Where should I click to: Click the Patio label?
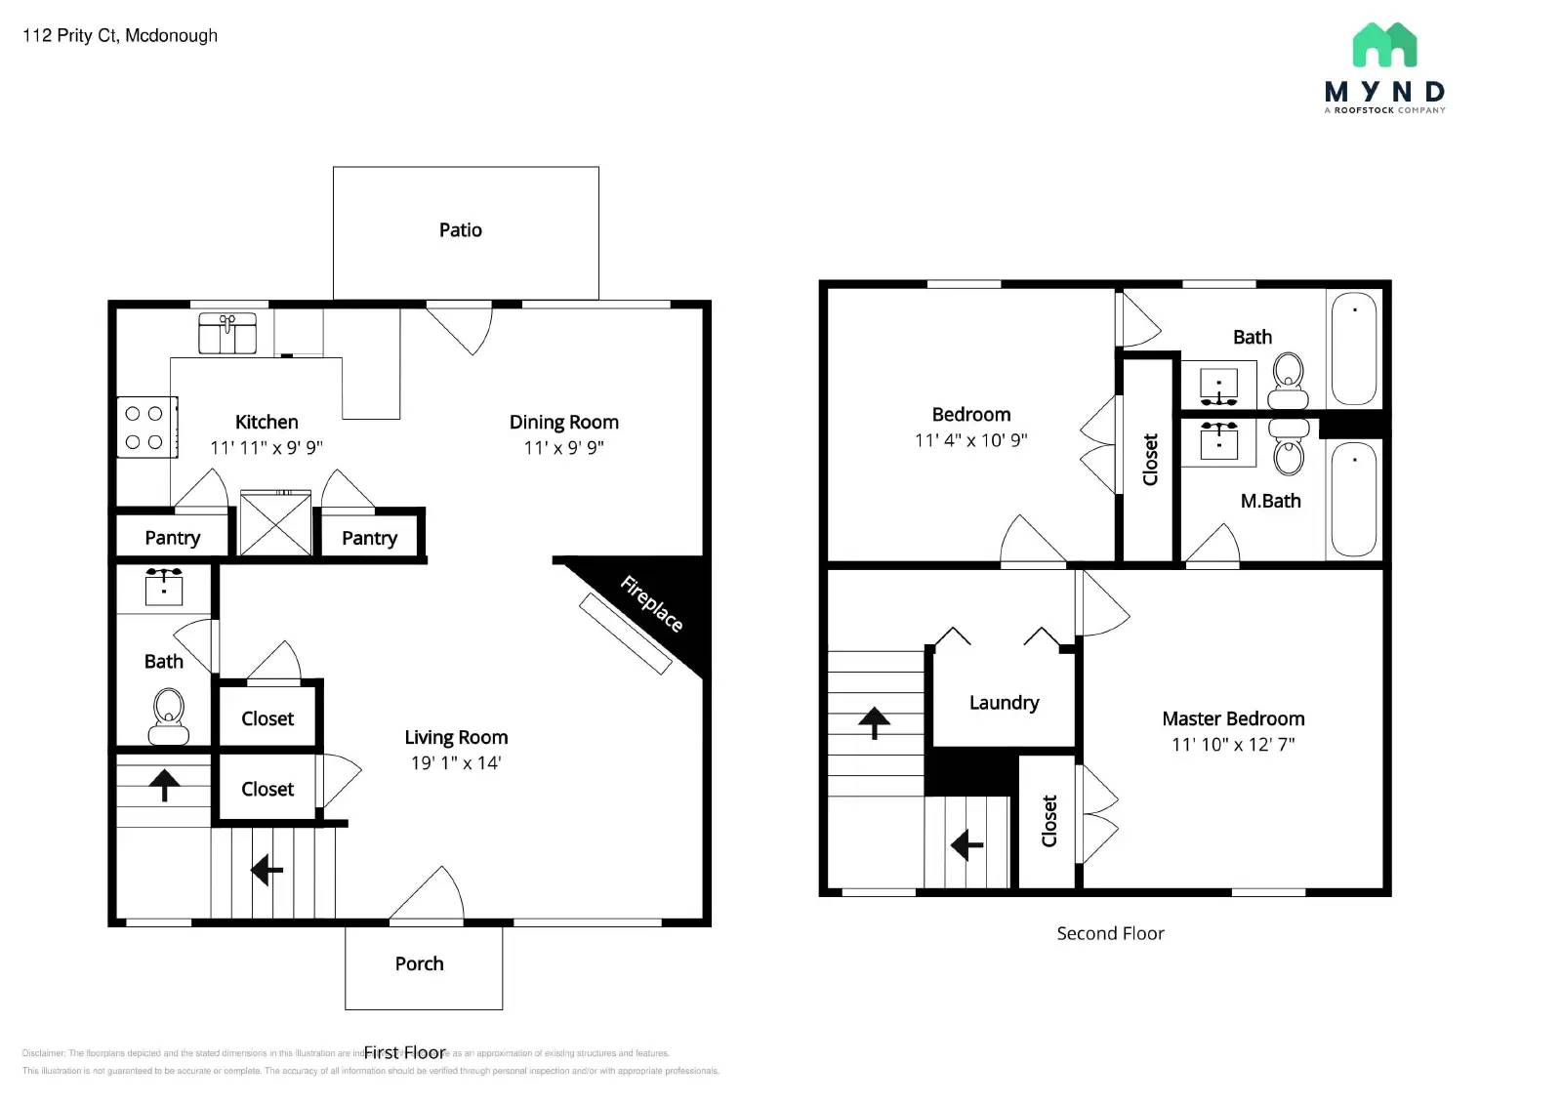click(460, 230)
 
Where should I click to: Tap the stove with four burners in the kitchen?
click(145, 428)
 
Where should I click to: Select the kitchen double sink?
click(227, 333)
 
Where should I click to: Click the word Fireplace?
click(651, 603)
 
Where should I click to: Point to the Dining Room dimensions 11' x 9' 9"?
click(563, 448)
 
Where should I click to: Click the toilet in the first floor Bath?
click(169, 716)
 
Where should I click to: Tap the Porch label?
click(419, 964)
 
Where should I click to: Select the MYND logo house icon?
click(1384, 45)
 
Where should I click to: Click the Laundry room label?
click(1004, 703)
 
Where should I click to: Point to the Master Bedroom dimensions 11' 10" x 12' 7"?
click(1233, 745)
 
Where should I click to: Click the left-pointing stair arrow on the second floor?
click(966, 844)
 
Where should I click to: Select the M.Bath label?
click(1270, 502)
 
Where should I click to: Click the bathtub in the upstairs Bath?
click(1354, 348)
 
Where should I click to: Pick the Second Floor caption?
click(1110, 934)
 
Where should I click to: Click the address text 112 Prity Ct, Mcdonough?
click(120, 36)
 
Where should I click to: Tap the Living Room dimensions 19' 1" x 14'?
click(456, 763)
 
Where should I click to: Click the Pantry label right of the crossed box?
click(369, 539)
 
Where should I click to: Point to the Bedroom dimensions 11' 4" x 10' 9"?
click(970, 440)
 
